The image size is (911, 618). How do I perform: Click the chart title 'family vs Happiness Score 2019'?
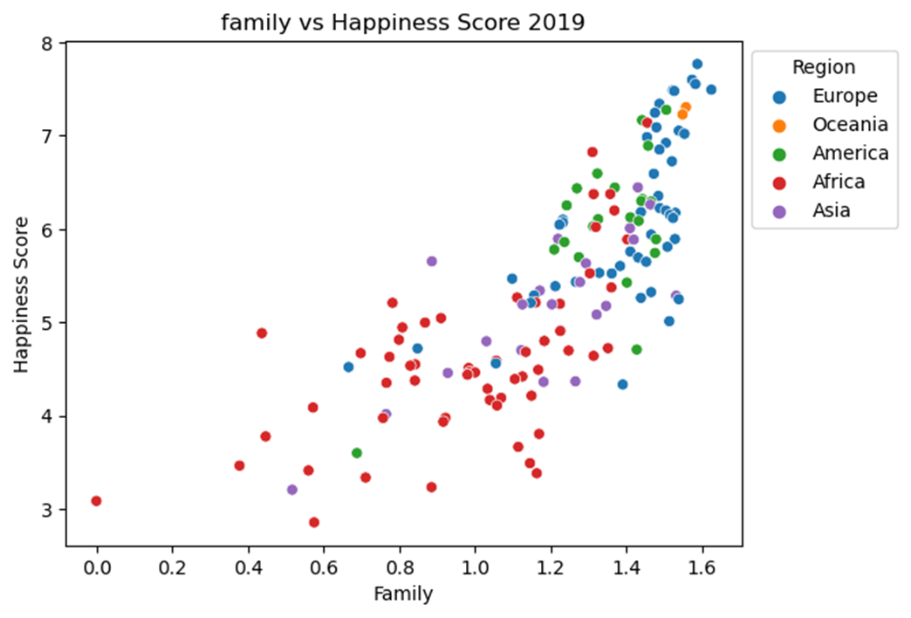pos(402,23)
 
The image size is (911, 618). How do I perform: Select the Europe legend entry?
pos(845,95)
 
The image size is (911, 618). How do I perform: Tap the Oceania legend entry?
pos(850,124)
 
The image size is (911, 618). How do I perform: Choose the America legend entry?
pos(850,153)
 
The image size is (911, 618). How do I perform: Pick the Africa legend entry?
pos(839,182)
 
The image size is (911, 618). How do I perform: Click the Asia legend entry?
pos(831,209)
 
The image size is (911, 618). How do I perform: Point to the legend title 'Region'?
pos(824,67)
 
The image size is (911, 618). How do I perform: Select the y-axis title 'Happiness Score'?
pos(22,295)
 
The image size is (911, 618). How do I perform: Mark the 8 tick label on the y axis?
pos(47,43)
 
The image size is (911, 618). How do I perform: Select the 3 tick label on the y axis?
pos(47,510)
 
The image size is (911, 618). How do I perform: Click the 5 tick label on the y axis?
pos(47,323)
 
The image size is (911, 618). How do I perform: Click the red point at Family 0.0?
pos(96,501)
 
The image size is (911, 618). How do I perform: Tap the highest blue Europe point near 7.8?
pos(696,64)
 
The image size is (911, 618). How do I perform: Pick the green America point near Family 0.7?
pos(356,453)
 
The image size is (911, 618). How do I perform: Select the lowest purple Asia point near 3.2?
pos(292,490)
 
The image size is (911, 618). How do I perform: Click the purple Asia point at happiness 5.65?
pos(431,261)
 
